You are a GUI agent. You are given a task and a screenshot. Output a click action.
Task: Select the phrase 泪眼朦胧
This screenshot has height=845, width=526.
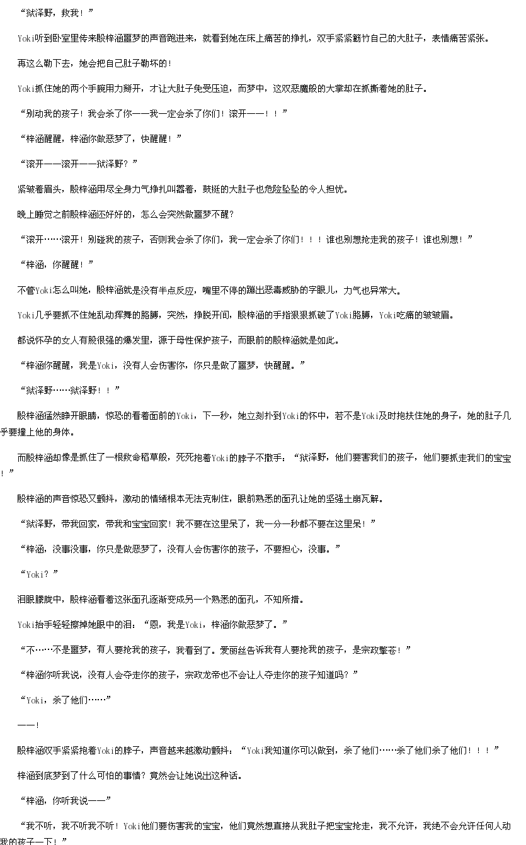(x=35, y=600)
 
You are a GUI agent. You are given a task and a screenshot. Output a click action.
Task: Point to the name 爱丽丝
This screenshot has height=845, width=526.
(x=233, y=650)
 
